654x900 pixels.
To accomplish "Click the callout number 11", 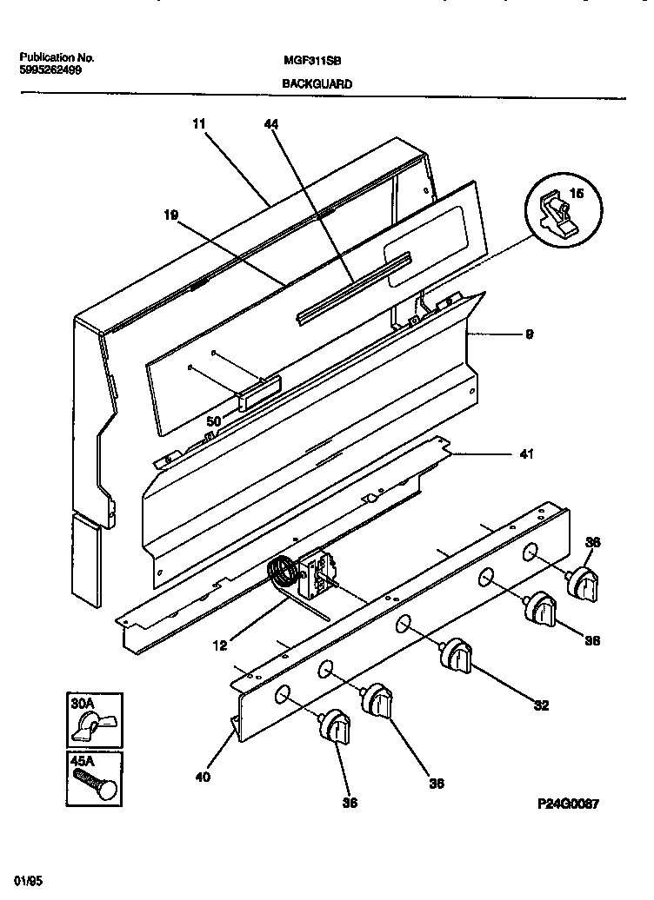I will (x=198, y=124).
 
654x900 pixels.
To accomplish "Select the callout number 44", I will (x=270, y=124).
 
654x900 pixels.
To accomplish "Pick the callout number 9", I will (x=530, y=333).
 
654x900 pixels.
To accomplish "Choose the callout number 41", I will (x=527, y=453).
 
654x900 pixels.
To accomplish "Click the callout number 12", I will (x=219, y=645).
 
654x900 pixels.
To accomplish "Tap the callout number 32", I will (x=541, y=705).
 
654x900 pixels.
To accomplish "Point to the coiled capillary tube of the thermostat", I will (x=282, y=574).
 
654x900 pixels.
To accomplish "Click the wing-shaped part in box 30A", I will (x=88, y=723).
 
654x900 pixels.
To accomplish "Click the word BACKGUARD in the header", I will (x=317, y=84).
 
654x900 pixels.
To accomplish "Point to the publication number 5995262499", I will (x=50, y=71).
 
